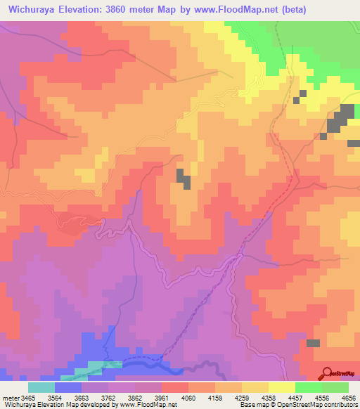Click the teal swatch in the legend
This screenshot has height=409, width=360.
41,387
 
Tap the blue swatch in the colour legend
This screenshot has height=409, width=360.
68,387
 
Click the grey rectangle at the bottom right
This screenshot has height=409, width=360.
313,343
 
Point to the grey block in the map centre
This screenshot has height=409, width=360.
184,178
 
